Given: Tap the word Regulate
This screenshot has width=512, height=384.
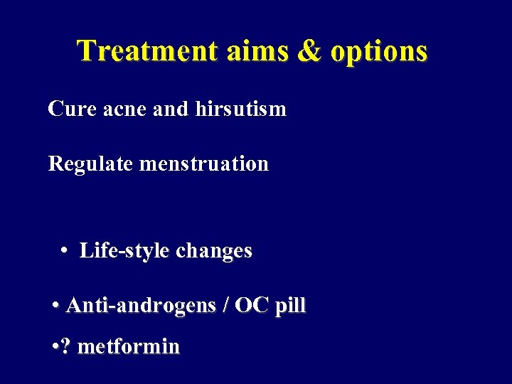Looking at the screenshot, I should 91,164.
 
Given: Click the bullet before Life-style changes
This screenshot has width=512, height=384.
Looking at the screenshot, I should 64,251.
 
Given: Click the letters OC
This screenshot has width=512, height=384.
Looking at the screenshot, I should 252,306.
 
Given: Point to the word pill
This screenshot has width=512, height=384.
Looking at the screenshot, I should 290,306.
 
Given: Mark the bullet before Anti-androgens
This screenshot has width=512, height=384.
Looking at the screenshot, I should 55,306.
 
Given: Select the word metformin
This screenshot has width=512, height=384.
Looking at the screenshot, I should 129,346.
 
